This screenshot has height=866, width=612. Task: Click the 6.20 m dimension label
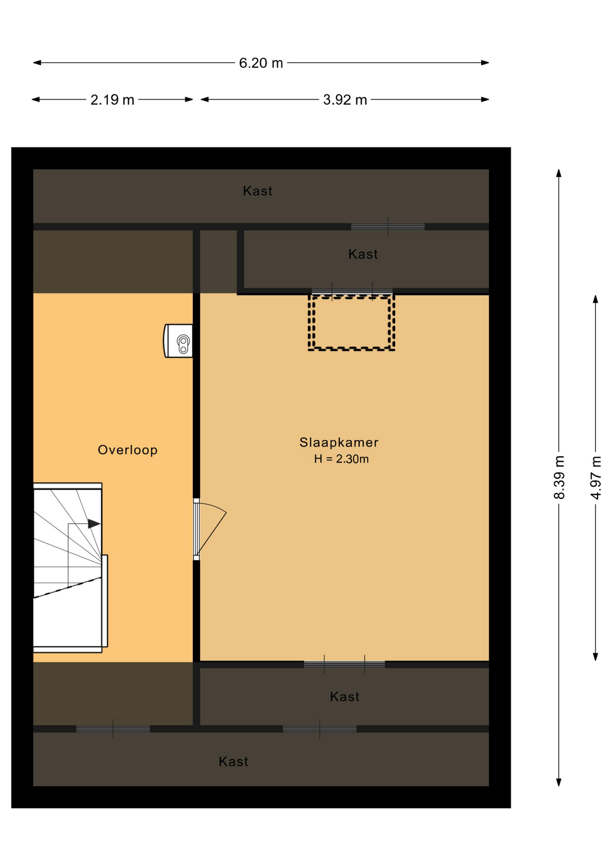pyautogui.click(x=260, y=63)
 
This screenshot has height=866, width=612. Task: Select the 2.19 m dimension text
pyautogui.click(x=112, y=100)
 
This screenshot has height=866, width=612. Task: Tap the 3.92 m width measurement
pyautogui.click(x=345, y=100)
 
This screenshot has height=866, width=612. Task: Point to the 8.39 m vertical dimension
pyautogui.click(x=559, y=477)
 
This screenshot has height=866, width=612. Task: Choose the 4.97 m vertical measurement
pyautogui.click(x=595, y=477)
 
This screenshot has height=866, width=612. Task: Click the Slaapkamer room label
pyautogui.click(x=339, y=442)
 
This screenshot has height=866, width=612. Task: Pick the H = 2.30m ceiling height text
pyautogui.click(x=341, y=459)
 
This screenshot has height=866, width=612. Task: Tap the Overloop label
pyautogui.click(x=128, y=450)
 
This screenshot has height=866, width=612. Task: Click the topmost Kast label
pyautogui.click(x=257, y=191)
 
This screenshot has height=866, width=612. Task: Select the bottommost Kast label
pyautogui.click(x=233, y=761)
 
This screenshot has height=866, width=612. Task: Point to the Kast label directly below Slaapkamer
pyautogui.click(x=344, y=696)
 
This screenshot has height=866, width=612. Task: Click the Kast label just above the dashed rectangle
pyautogui.click(x=363, y=254)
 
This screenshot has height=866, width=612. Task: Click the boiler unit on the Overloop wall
pyautogui.click(x=178, y=341)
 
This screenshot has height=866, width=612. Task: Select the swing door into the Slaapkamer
pyautogui.click(x=210, y=529)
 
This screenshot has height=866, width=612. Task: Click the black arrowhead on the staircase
pyautogui.click(x=94, y=524)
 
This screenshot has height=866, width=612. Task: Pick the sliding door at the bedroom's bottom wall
pyautogui.click(x=344, y=664)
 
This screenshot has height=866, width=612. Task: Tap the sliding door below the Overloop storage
pyautogui.click(x=113, y=729)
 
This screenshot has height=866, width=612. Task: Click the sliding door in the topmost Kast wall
pyautogui.click(x=388, y=226)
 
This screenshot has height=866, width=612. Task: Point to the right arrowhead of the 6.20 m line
pyautogui.click(x=485, y=63)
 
